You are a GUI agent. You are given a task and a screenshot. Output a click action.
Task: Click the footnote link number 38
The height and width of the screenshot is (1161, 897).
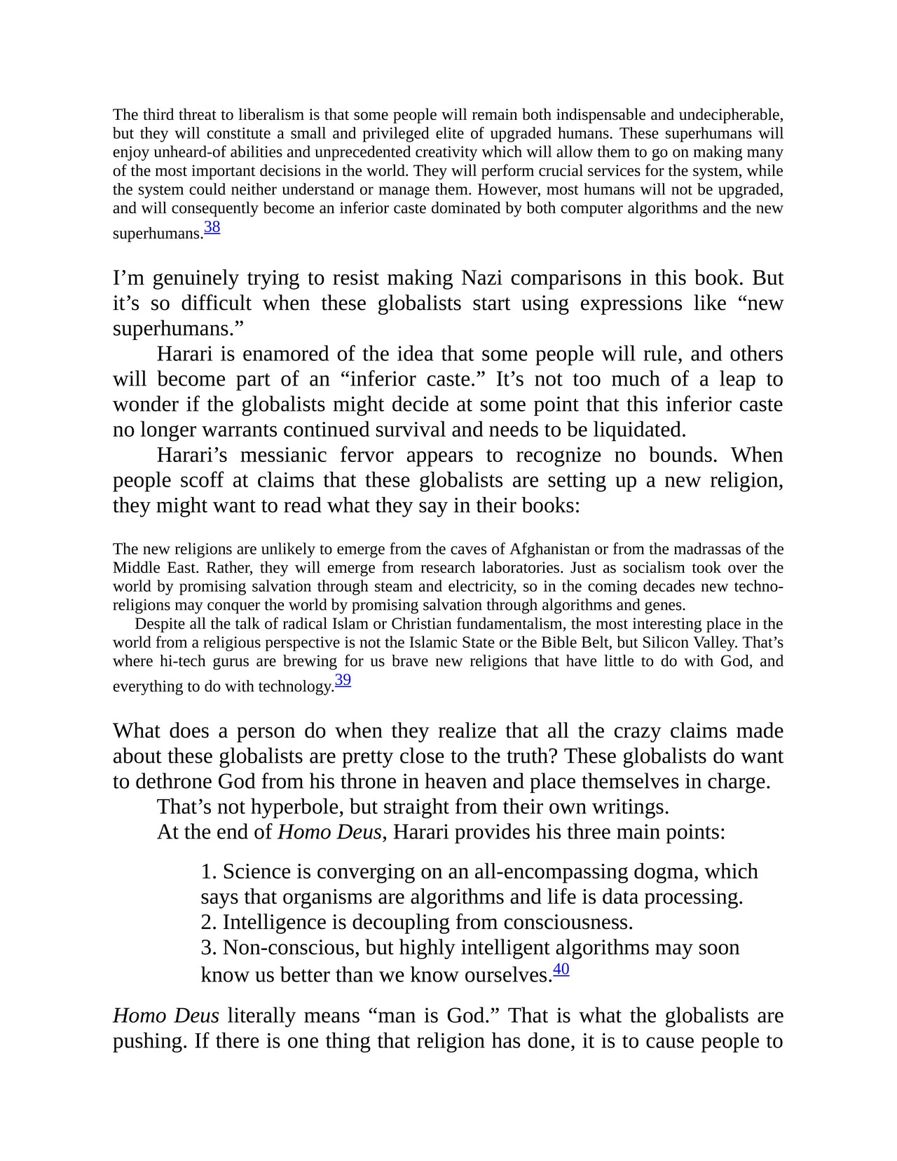click(212, 227)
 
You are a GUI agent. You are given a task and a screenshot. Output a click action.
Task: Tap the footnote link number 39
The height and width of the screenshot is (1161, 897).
click(343, 680)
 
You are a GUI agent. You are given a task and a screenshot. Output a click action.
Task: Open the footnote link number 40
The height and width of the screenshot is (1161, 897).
click(561, 969)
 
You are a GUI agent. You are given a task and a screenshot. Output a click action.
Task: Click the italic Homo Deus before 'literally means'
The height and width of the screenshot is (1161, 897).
click(165, 1016)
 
